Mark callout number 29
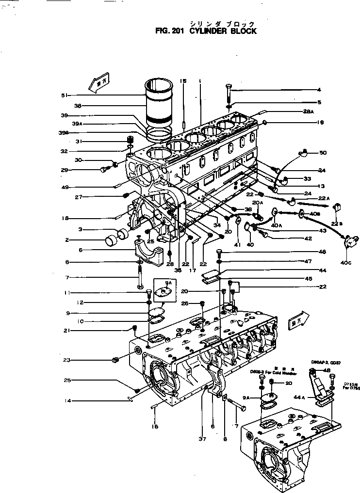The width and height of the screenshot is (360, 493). (64, 170)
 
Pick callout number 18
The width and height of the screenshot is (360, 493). (65, 219)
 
